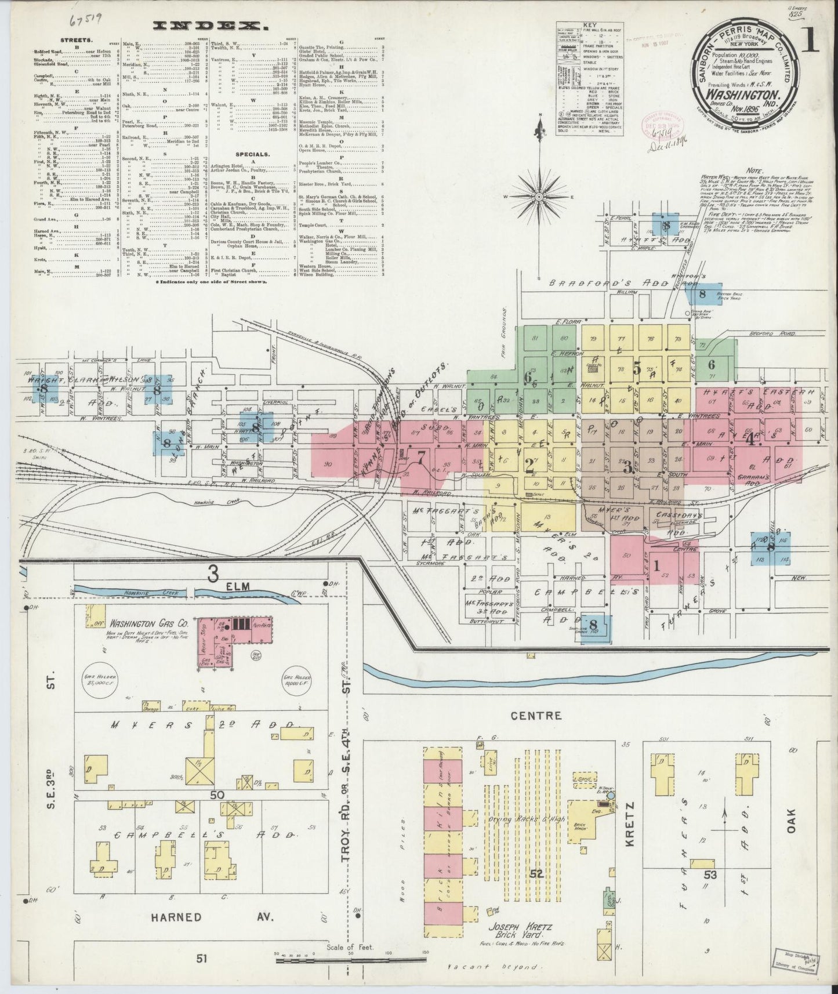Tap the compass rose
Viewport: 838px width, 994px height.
click(539, 197)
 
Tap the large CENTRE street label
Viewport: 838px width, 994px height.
click(536, 715)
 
